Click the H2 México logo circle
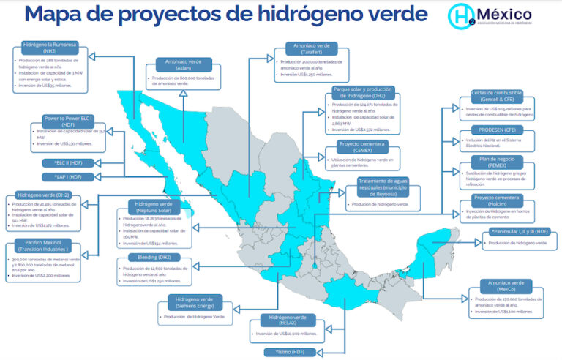coord(463,16)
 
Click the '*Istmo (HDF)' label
coord(288,352)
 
